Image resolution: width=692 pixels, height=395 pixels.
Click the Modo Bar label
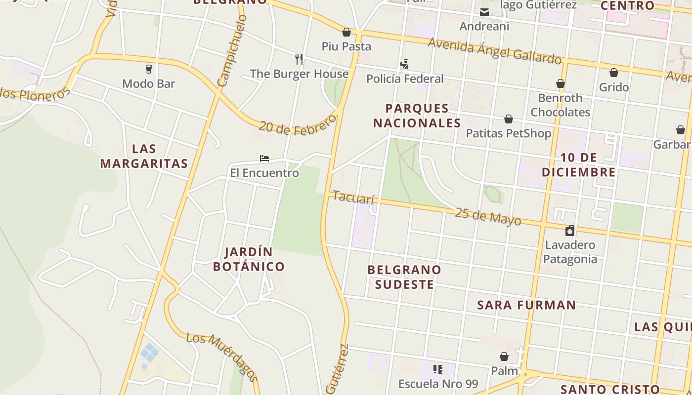[x=148, y=83]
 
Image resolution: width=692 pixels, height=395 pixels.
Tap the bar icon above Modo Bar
[x=148, y=69]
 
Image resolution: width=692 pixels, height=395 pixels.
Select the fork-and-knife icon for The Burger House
[x=299, y=59]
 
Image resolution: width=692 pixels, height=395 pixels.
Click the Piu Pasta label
[x=346, y=46]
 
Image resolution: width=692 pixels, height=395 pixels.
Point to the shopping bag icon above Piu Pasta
[x=346, y=32]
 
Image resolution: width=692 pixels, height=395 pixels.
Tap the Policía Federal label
[x=405, y=79]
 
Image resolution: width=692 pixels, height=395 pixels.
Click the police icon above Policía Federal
[x=404, y=64]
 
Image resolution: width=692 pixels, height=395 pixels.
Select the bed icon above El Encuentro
[x=264, y=158]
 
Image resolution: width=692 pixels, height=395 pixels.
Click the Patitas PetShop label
[x=508, y=133]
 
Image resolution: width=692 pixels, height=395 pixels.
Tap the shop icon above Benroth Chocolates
[x=560, y=83]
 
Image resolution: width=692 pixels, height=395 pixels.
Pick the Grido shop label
[x=614, y=87]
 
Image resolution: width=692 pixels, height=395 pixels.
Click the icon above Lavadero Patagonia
[x=570, y=231]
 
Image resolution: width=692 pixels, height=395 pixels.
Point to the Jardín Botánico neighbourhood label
[x=249, y=259]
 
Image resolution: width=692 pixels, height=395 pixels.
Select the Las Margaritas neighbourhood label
[x=144, y=156]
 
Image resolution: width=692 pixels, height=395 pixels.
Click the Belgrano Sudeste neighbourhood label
[x=404, y=277]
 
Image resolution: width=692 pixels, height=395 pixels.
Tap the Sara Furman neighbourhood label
[x=526, y=305]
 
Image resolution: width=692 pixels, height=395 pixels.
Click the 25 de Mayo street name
[x=488, y=216]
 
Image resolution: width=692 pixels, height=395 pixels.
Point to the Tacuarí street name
[x=353, y=197]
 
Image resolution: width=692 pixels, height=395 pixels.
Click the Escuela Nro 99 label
[x=438, y=384]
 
